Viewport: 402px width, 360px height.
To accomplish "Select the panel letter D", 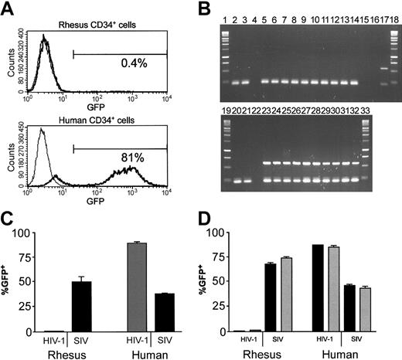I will pos(215,219).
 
